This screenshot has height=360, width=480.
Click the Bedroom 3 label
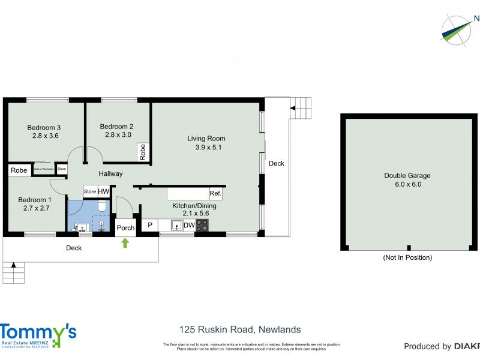coord(44,127)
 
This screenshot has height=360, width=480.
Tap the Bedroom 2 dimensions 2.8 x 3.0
coord(116,135)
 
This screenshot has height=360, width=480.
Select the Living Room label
coord(206,139)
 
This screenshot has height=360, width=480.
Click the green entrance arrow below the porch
coord(125,243)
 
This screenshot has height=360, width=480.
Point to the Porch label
coord(125,228)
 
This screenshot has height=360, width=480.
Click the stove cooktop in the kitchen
coord(203,226)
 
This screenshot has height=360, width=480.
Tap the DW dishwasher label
coord(188,226)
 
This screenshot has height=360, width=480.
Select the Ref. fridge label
coord(215,193)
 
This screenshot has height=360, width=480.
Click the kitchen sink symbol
coord(176,226)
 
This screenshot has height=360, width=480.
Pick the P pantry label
coord(149,226)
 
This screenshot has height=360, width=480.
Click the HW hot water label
coord(103,191)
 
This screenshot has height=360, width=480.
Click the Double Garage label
coord(407,176)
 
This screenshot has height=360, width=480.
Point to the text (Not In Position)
coord(407,257)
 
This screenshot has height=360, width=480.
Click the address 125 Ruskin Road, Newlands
coord(240,329)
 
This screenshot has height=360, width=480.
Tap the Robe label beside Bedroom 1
coord(19,170)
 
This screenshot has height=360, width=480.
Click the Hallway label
coord(110,173)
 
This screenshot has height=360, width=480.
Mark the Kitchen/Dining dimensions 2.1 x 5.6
coord(194,213)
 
